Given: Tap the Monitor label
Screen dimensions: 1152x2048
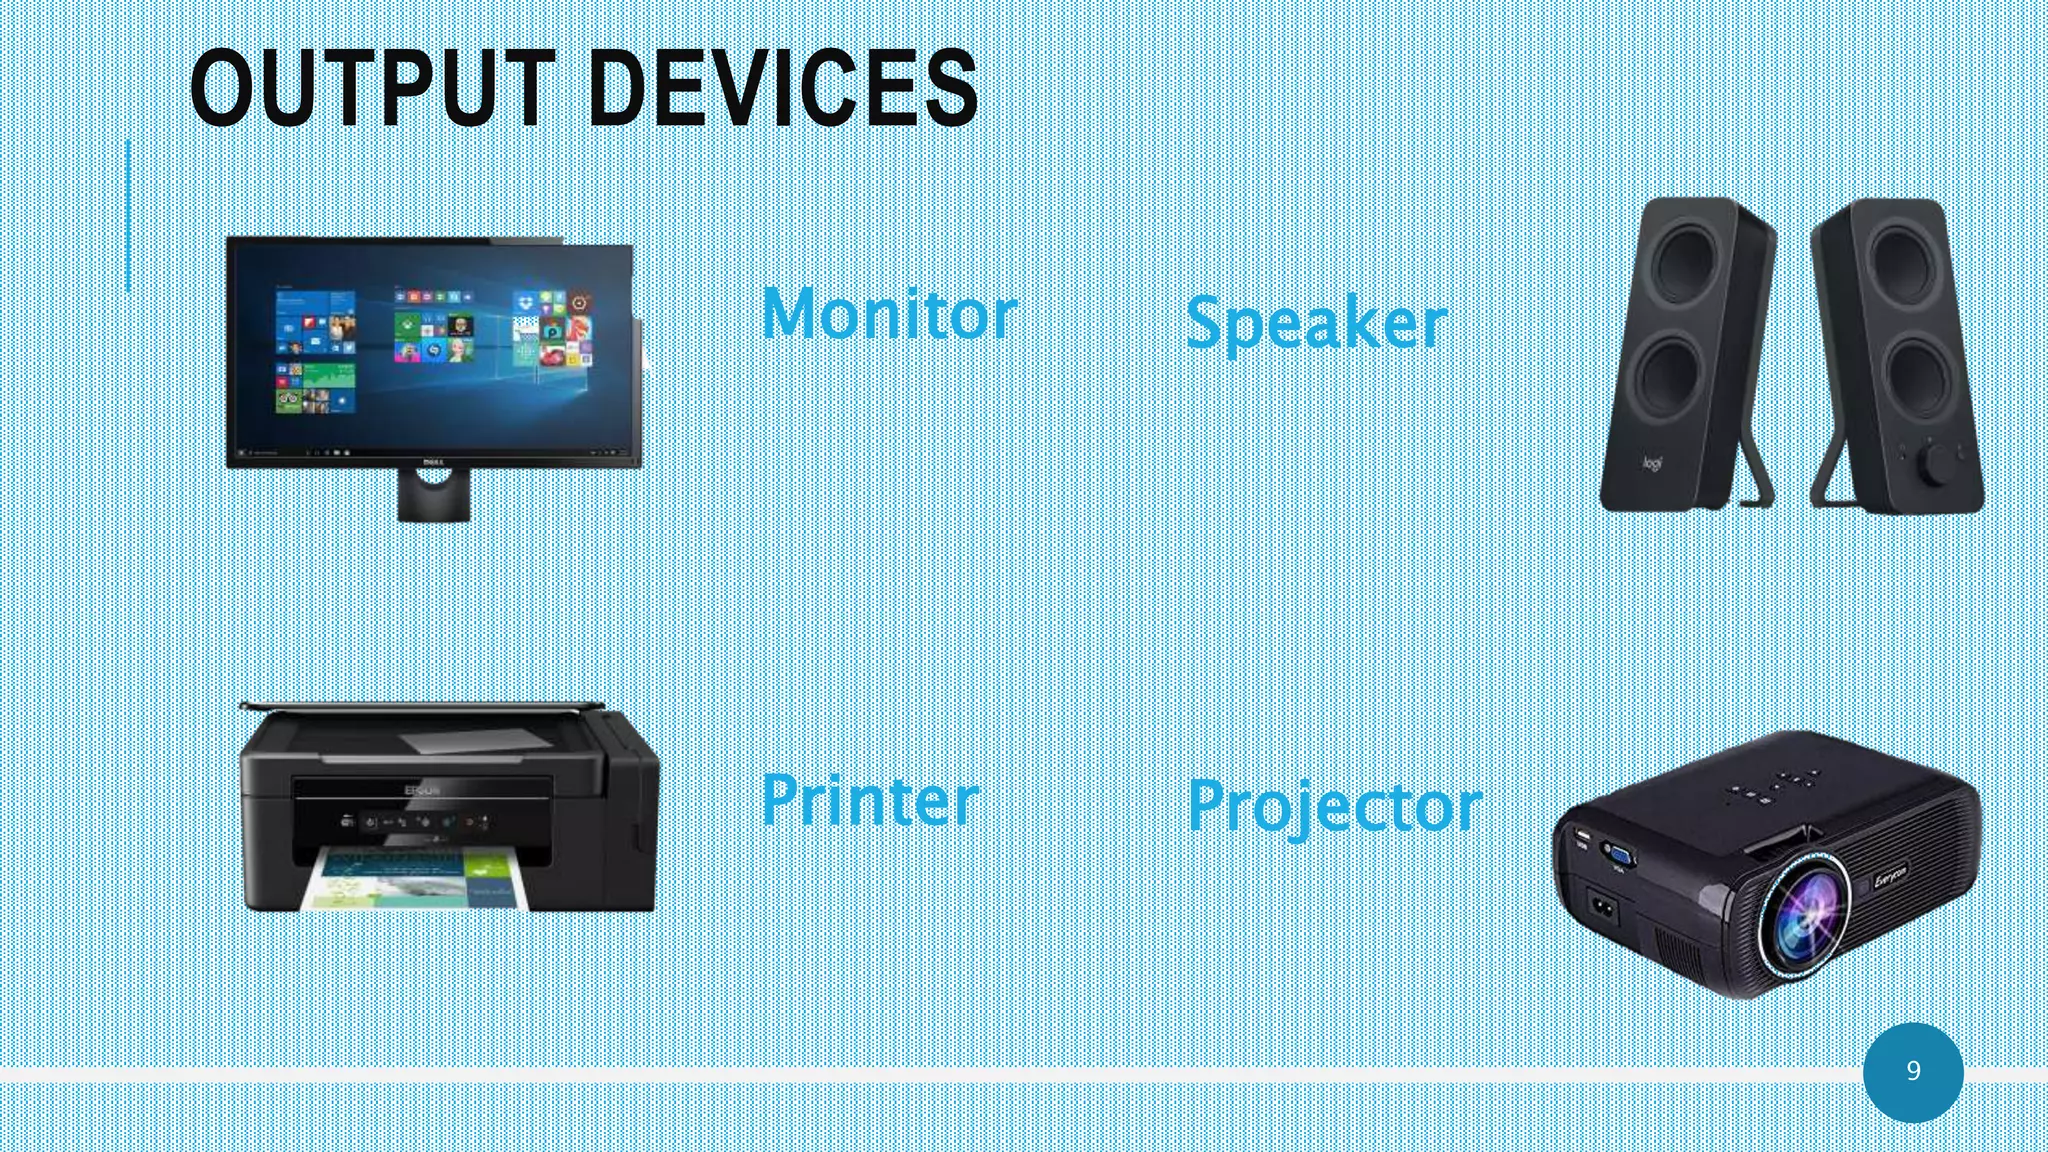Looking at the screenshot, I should click(889, 314).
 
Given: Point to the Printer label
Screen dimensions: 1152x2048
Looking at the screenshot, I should click(870, 800).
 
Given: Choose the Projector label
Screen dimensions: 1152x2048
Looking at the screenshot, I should click(1335, 806).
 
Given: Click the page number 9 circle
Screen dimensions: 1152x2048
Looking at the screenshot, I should click(1913, 1071).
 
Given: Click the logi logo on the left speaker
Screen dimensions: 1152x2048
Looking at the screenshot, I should click(1652, 464).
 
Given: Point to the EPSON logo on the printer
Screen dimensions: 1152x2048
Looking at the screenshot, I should click(420, 791).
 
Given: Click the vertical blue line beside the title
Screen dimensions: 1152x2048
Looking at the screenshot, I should click(128, 215).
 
